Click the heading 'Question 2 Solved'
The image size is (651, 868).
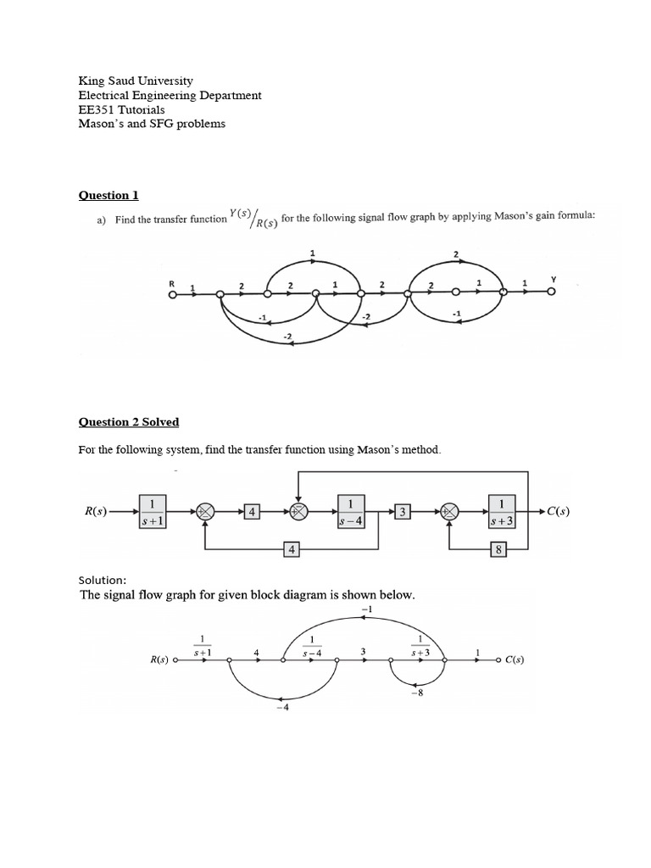(x=128, y=422)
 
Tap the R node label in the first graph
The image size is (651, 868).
(x=172, y=282)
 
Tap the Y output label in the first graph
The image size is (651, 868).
(x=553, y=279)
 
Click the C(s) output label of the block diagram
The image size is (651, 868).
(x=558, y=511)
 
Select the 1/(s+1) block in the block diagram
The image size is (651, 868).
(x=153, y=512)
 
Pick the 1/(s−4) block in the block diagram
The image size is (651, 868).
(x=351, y=512)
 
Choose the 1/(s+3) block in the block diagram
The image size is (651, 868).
(x=502, y=512)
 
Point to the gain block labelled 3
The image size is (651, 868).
(x=403, y=511)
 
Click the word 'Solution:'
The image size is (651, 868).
(x=103, y=581)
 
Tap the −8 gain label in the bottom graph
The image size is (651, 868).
(x=416, y=693)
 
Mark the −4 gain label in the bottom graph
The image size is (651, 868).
(x=282, y=709)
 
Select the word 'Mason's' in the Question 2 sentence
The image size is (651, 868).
(x=389, y=449)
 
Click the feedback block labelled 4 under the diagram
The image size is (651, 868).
(x=292, y=550)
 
